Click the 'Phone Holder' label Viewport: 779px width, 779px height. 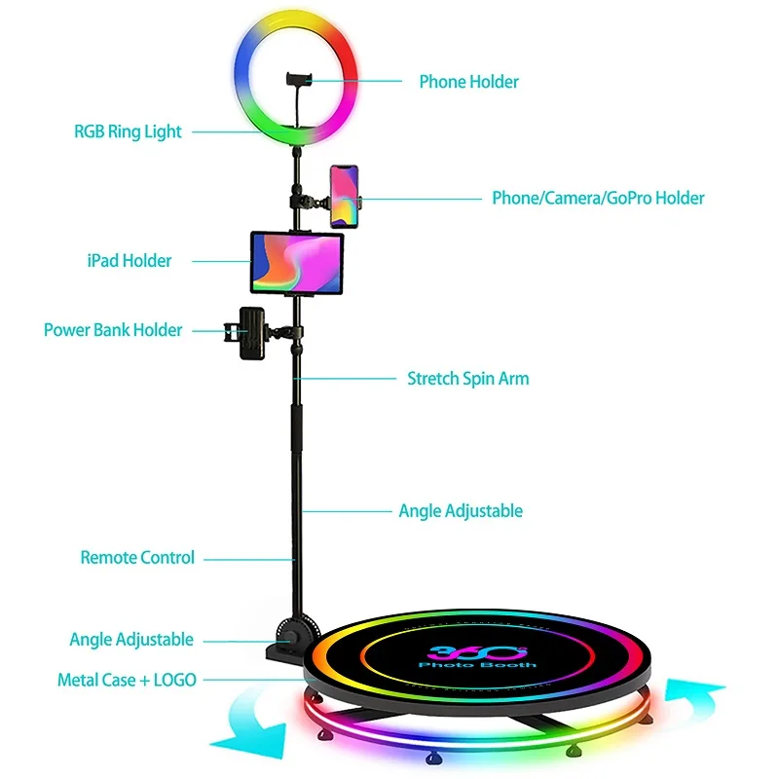(x=468, y=82)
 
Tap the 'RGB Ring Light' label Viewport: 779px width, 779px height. (x=128, y=131)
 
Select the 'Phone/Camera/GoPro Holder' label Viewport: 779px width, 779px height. (x=598, y=199)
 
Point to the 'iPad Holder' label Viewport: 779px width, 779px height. (x=129, y=260)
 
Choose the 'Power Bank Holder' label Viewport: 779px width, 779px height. (x=113, y=330)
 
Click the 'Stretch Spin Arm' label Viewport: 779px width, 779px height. (x=468, y=378)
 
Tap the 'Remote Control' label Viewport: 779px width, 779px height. (x=137, y=558)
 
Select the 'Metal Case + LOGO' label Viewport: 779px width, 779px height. (x=127, y=680)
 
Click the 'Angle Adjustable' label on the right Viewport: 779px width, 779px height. (x=461, y=511)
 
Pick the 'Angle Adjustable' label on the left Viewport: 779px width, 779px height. (x=131, y=640)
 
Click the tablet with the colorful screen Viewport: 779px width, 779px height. (x=298, y=261)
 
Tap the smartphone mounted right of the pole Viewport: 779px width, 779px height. (x=343, y=196)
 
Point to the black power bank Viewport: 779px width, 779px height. (x=252, y=333)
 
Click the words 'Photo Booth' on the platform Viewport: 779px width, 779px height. (x=477, y=665)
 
